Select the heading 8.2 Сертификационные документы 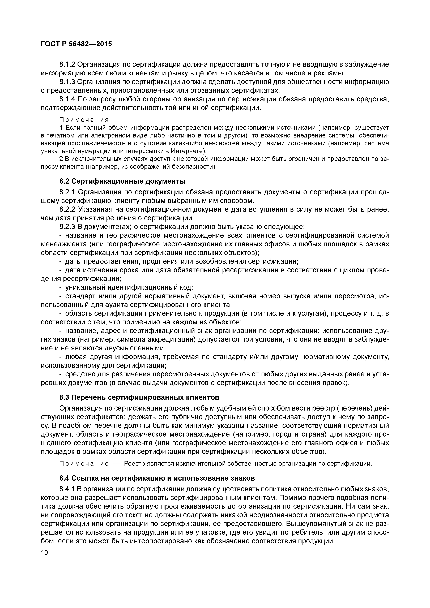coord(122,181)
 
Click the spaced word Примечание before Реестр coord(84,464)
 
